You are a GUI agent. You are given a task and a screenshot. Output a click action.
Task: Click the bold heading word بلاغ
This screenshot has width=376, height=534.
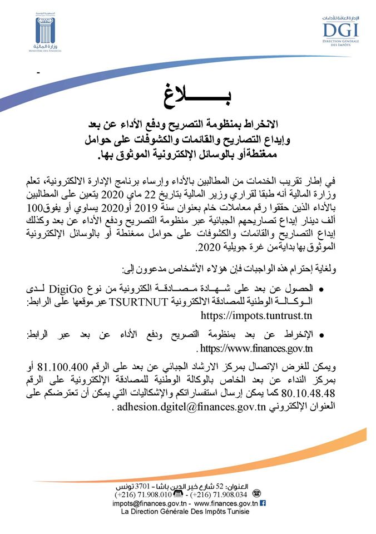coord(189,93)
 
